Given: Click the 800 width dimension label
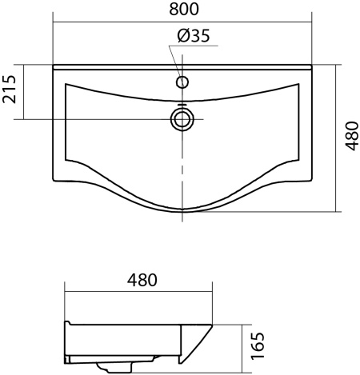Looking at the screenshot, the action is (x=184, y=10).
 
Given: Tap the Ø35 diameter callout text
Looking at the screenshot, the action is (x=194, y=36).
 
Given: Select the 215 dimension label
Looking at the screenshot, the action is (x=10, y=90).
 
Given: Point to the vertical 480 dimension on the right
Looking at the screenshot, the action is (x=351, y=136).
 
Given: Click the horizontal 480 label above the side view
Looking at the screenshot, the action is (x=142, y=280).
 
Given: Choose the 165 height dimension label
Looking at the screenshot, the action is (x=258, y=345).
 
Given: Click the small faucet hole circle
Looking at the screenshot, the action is (x=182, y=82).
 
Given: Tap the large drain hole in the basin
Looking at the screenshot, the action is (x=182, y=119).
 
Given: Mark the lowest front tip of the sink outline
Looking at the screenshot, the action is (x=182, y=212).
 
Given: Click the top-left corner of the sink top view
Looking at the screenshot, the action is (x=53, y=65).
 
